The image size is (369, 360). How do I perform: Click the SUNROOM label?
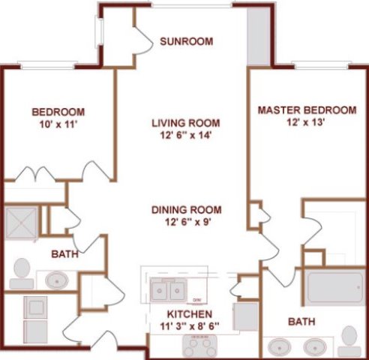tap(187, 41)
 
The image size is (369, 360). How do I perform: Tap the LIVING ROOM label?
tap(186, 123)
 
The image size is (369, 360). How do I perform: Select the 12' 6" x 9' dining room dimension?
tap(187, 222)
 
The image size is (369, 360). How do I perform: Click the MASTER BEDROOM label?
tap(307, 110)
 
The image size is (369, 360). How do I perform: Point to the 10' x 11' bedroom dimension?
tap(58, 124)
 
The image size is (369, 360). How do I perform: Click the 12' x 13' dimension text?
tap(306, 122)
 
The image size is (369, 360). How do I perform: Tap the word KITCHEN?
tap(190, 314)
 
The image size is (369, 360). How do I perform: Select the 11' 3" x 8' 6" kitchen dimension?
tap(190, 326)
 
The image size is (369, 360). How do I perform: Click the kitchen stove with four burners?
tap(199, 346)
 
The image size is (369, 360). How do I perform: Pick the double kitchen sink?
tap(168, 290)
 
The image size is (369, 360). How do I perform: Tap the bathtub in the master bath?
tap(335, 288)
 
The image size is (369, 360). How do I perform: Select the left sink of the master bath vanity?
tap(279, 347)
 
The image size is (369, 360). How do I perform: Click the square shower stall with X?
tap(22, 223)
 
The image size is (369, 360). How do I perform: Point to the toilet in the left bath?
tap(22, 274)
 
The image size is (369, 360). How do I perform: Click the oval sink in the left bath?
tap(57, 280)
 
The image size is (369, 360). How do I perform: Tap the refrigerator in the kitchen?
tap(246, 316)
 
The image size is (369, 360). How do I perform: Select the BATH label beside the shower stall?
tap(64, 254)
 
